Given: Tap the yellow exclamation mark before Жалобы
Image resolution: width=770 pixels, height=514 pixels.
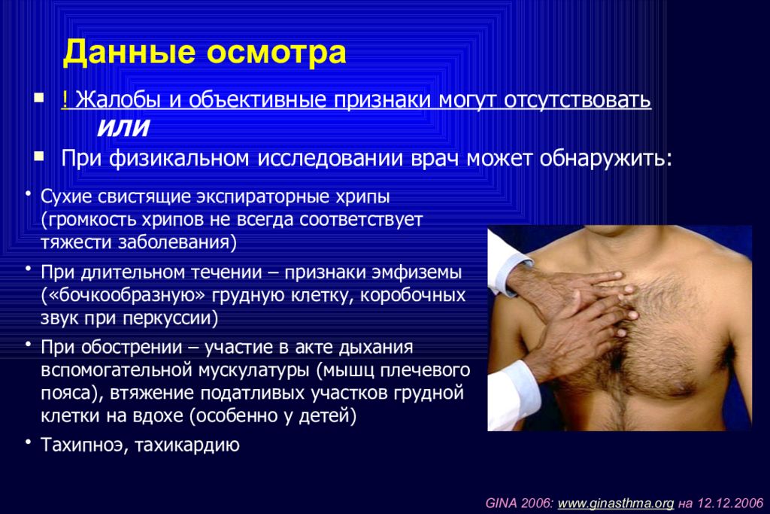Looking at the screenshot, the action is point(65,99).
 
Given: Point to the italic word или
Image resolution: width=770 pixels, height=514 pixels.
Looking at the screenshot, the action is point(123,127).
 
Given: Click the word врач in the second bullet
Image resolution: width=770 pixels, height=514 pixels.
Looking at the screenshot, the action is point(435,158).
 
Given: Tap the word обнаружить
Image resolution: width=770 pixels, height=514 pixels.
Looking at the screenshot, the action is point(605,159).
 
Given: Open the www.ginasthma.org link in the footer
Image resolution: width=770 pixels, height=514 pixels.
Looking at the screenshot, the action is point(616,503).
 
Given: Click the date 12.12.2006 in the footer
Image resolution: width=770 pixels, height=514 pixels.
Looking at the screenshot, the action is point(730,503).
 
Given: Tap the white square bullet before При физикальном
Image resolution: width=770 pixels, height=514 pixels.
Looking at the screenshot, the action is point(39,157).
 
